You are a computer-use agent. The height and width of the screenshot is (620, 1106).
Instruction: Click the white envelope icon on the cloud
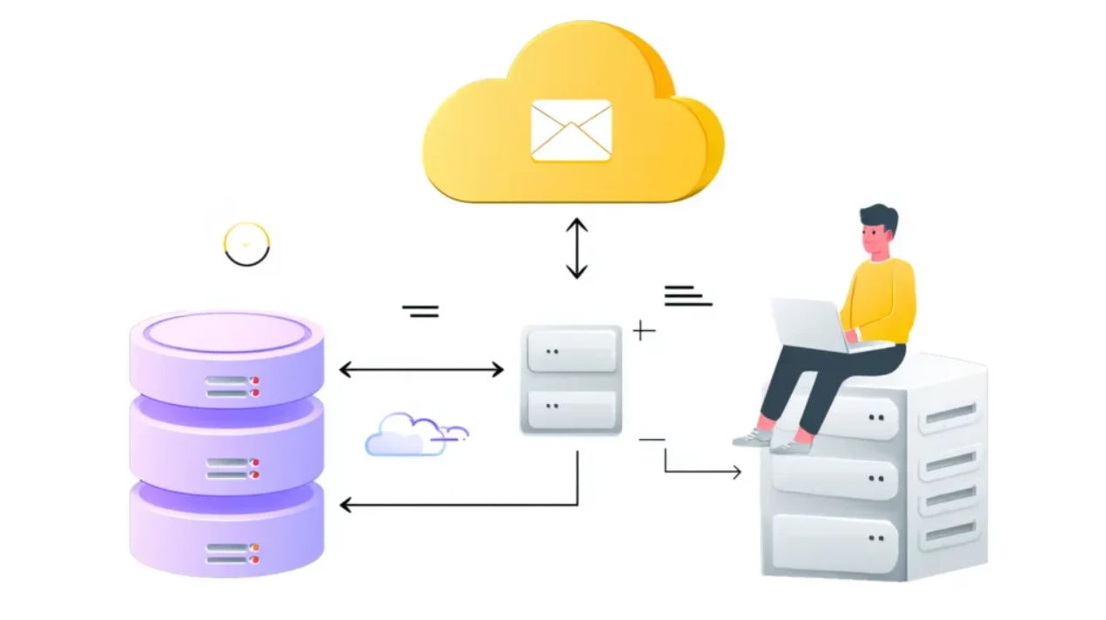[571, 131]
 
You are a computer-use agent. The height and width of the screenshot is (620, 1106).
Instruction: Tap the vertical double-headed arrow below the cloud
[577, 248]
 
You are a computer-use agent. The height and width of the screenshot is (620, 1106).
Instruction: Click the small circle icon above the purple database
[247, 244]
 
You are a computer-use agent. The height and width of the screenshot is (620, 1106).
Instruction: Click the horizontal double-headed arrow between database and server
[421, 370]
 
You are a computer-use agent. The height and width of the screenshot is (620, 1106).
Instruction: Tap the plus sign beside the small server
[643, 331]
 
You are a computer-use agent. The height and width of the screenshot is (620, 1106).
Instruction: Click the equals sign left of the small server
[420, 310]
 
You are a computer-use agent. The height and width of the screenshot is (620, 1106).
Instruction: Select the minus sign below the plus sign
[651, 440]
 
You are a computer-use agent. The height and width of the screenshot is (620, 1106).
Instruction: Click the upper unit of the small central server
[571, 351]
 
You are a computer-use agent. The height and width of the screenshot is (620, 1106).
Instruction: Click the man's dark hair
[879, 218]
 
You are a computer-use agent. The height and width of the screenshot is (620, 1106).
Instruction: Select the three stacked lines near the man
[687, 296]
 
